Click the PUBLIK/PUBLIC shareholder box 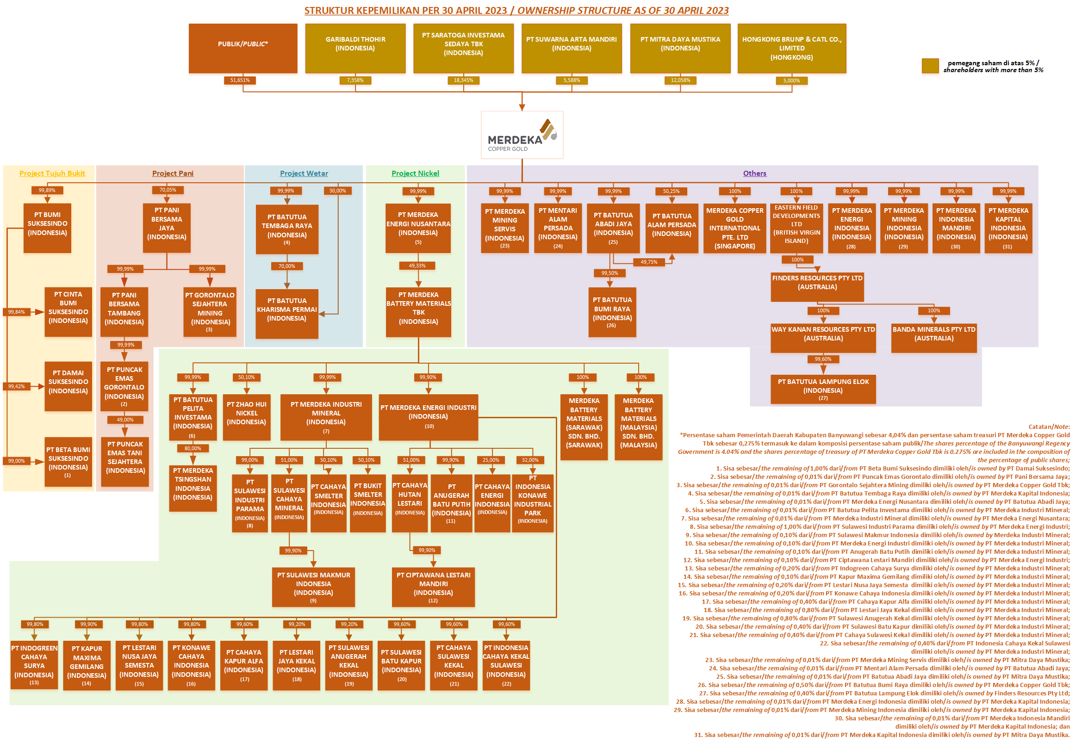[243, 48]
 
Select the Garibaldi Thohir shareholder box [355, 48]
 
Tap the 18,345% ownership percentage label [463, 80]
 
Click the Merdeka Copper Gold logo [522, 135]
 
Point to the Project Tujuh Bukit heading [52, 173]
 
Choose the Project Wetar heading [304, 173]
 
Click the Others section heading [754, 173]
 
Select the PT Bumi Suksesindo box [48, 228]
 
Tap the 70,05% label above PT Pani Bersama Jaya [168, 190]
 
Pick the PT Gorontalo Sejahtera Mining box [210, 311]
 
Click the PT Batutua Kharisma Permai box [287, 313]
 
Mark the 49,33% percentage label [417, 266]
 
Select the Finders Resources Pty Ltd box [817, 286]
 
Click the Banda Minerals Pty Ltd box [933, 338]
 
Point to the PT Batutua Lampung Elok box [823, 389]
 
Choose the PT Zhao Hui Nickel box [247, 417]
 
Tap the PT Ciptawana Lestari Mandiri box [433, 587]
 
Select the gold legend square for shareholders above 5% [930, 66]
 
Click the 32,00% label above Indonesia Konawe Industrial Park [530, 460]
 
